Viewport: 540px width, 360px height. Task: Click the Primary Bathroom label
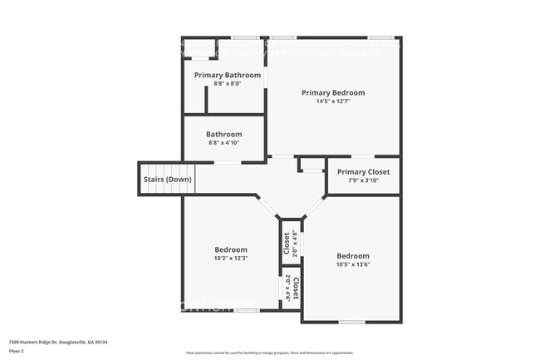227,75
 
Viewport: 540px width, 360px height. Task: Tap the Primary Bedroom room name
332,93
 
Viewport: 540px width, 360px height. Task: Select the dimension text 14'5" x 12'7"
332,102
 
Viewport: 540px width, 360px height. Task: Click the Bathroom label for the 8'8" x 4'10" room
224,135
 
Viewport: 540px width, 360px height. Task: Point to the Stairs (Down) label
167,180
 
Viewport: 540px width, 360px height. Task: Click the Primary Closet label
363,172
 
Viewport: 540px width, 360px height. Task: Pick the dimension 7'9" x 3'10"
363,181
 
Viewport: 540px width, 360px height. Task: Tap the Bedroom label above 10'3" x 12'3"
231,249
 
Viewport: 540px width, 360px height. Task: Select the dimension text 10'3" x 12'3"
231,259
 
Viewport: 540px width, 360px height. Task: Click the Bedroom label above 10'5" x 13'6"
353,256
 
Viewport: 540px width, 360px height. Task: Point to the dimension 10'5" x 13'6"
353,265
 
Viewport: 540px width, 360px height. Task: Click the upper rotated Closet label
287,242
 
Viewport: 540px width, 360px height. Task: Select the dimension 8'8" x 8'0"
227,84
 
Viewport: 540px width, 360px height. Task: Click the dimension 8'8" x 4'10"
224,144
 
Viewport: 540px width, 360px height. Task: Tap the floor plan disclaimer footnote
269,353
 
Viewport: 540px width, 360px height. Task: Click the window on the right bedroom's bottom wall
351,322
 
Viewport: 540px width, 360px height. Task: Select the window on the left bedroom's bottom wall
246,311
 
